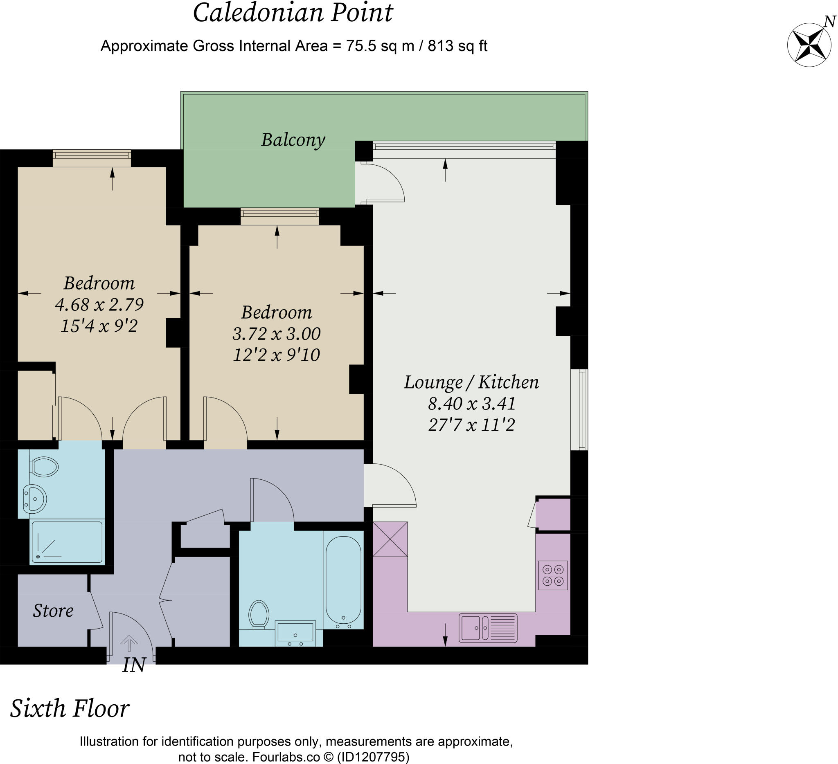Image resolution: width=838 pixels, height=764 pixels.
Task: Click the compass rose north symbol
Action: click(x=809, y=45)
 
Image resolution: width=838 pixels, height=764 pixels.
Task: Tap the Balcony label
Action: click(x=293, y=140)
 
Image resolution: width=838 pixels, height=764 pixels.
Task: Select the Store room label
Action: click(x=53, y=611)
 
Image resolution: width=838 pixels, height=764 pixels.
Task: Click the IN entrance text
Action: click(x=134, y=665)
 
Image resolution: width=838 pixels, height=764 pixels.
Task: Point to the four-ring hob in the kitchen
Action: click(x=553, y=575)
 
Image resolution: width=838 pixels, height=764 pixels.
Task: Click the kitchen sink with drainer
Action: click(x=488, y=628)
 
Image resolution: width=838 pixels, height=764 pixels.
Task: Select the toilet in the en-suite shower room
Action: click(x=44, y=467)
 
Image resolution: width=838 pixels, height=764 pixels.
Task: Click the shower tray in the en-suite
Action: click(x=67, y=542)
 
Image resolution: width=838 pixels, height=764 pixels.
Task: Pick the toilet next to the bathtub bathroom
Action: click(x=259, y=614)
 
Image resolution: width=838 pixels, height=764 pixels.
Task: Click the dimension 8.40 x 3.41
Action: click(x=472, y=403)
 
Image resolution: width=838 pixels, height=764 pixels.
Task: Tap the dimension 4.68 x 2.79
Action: click(x=99, y=305)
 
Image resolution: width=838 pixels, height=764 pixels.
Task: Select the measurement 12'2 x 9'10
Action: click(x=277, y=355)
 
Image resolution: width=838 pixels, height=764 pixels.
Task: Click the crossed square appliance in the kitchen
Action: click(x=390, y=539)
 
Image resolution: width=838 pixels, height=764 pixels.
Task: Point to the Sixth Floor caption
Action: click(x=70, y=709)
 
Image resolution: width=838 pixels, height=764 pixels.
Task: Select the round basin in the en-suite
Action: click(x=35, y=499)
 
